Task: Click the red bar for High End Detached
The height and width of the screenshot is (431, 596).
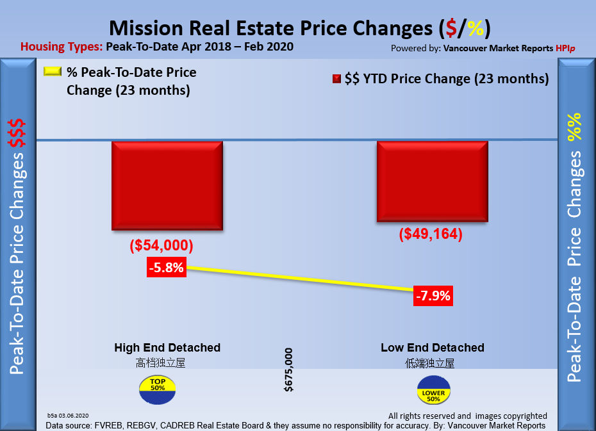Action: pyautogui.click(x=167, y=185)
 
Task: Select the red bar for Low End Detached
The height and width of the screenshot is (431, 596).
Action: pyautogui.click(x=432, y=182)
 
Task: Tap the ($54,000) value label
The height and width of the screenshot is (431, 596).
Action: pyautogui.click(x=161, y=246)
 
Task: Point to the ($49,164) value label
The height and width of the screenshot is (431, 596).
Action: pyautogui.click(x=430, y=234)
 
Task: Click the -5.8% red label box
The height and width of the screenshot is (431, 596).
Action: pyautogui.click(x=166, y=268)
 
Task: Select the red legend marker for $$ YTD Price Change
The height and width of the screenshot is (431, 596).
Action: pyautogui.click(x=336, y=79)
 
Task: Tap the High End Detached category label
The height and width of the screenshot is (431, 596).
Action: pyautogui.click(x=167, y=348)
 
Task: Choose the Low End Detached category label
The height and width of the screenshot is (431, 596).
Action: pyautogui.click(x=432, y=348)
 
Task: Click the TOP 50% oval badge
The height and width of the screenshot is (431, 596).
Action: pyautogui.click(x=156, y=389)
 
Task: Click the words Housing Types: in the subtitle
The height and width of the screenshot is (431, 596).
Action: pyautogui.click(x=62, y=47)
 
